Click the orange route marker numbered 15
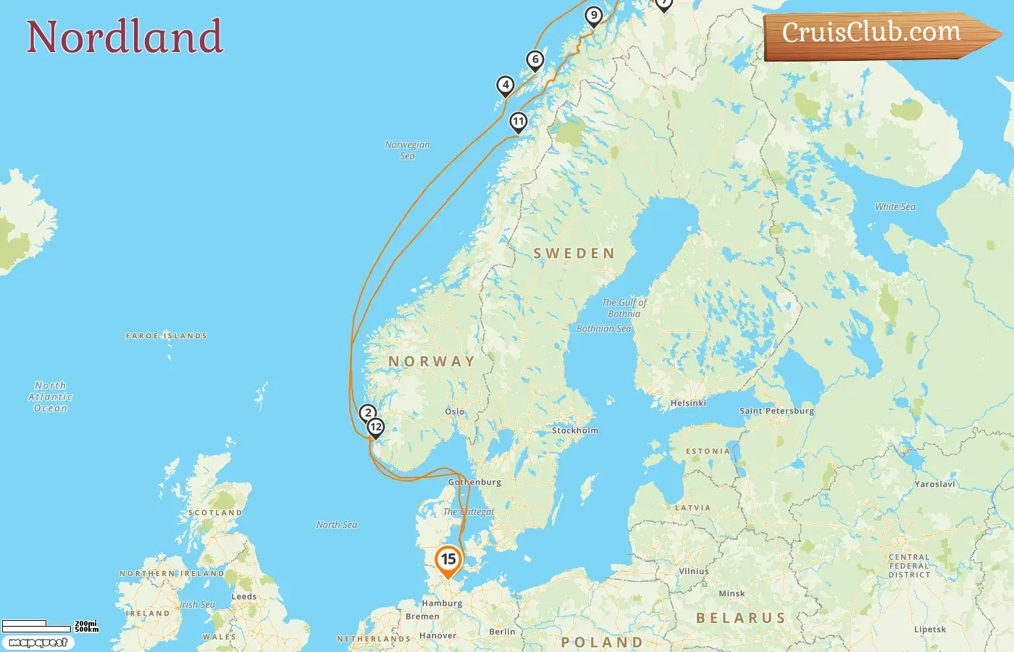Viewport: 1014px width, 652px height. click(448, 559)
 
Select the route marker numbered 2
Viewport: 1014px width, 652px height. click(368, 413)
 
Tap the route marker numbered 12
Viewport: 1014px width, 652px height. click(375, 427)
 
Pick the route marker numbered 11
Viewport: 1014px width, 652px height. click(519, 122)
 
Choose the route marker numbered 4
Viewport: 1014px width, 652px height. click(506, 85)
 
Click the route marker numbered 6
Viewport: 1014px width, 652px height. click(535, 60)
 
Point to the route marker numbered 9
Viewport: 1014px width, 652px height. click(594, 15)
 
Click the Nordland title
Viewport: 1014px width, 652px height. click(125, 37)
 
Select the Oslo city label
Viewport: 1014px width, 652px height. click(455, 411)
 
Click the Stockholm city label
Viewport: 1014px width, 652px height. click(575, 430)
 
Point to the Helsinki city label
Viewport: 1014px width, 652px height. click(688, 403)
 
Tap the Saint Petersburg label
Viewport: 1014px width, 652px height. click(776, 411)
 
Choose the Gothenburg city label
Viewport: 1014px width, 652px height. click(474, 482)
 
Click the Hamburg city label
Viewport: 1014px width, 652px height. click(442, 603)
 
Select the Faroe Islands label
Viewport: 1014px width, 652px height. click(167, 336)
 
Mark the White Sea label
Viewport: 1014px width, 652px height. click(895, 206)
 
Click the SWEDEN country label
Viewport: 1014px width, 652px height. click(574, 254)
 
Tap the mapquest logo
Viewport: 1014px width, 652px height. click(38, 643)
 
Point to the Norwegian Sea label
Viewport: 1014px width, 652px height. click(407, 150)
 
